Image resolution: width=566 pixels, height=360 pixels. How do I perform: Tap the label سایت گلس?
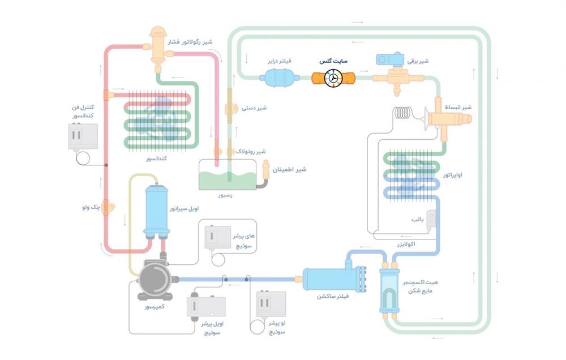point(333,61)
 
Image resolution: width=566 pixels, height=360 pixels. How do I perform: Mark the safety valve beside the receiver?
point(266,168)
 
